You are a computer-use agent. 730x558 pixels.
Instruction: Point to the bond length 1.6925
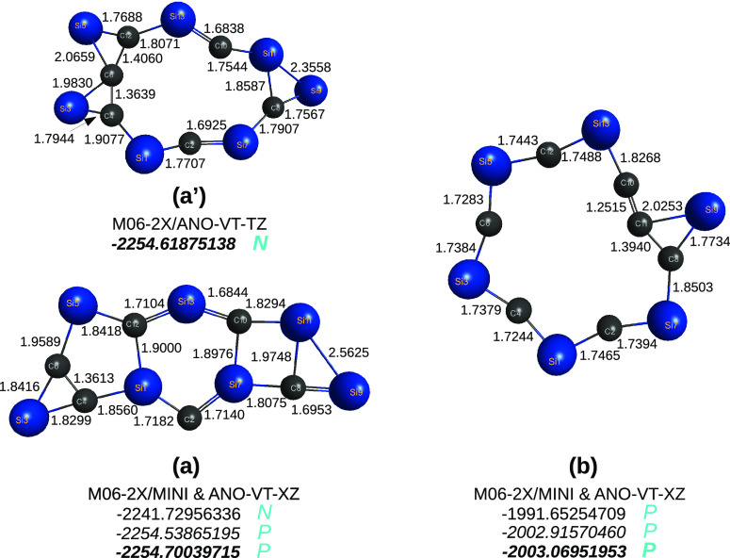[185, 123]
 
